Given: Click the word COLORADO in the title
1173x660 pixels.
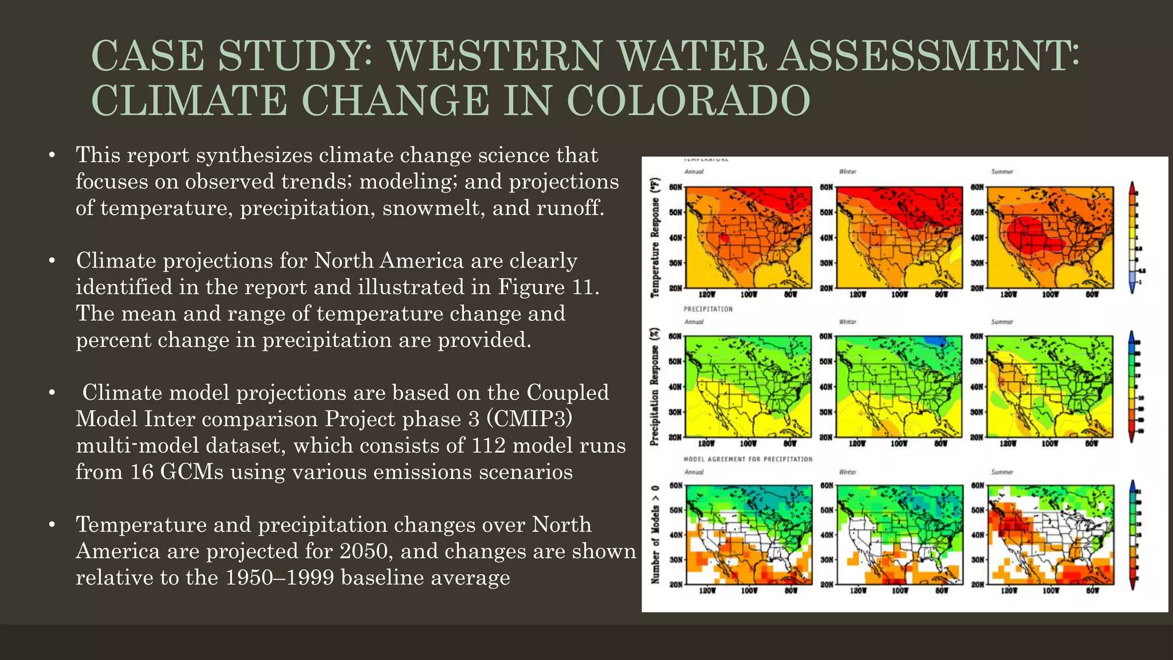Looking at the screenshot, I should pyautogui.click(x=688, y=100).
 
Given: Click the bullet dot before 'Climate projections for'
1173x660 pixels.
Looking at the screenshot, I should pyautogui.click(x=52, y=261).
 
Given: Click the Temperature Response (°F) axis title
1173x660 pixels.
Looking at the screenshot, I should pyautogui.click(x=655, y=237).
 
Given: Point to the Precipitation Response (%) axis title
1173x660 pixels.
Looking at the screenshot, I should pyautogui.click(x=655, y=387).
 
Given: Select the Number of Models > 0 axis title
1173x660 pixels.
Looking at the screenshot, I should pyautogui.click(x=655, y=535).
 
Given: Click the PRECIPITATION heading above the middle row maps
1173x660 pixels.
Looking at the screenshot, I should pyautogui.click(x=708, y=309).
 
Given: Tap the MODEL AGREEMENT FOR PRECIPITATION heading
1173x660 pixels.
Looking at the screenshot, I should pyautogui.click(x=747, y=459).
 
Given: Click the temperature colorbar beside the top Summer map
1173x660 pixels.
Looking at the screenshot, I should pyautogui.click(x=1132, y=237).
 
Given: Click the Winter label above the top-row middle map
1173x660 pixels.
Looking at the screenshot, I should pyautogui.click(x=847, y=172).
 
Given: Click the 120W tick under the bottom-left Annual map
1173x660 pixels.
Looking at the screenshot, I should pyautogui.click(x=707, y=590).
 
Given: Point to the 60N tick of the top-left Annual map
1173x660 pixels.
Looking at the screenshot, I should pyautogui.click(x=676, y=187).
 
